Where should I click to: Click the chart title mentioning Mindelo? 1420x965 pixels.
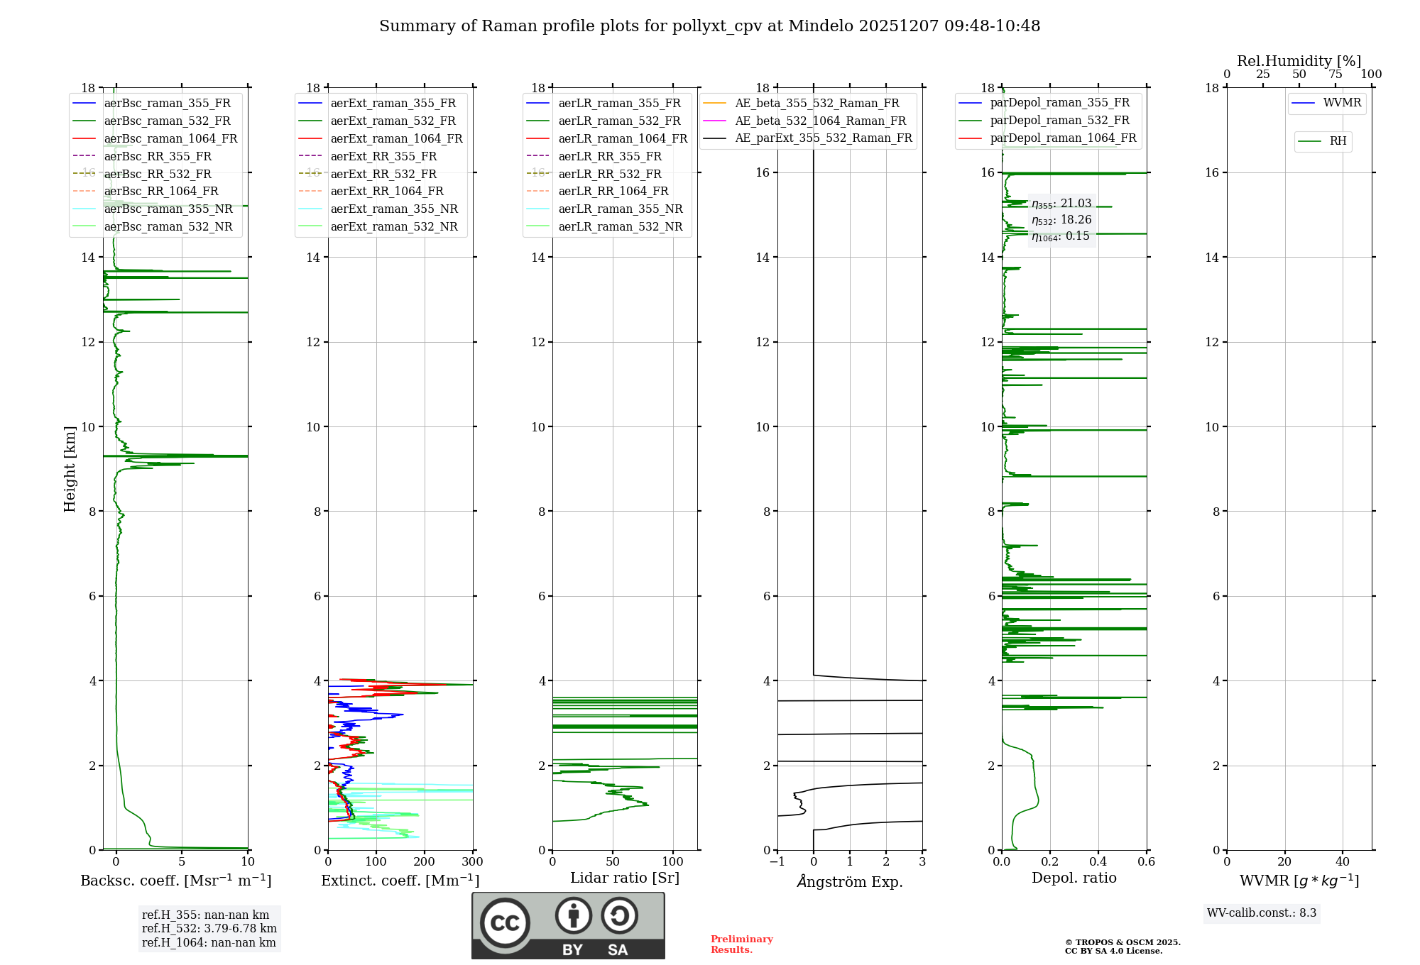[x=709, y=26]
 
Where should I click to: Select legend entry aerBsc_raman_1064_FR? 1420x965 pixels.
[x=170, y=138]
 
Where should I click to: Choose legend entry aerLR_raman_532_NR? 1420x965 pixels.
[x=620, y=226]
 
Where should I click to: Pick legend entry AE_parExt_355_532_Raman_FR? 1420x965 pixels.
[x=823, y=138]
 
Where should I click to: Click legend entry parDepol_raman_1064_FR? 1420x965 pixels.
[x=1063, y=138]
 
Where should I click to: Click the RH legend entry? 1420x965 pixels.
[x=1338, y=141]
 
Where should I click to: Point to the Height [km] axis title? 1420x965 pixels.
[x=70, y=468]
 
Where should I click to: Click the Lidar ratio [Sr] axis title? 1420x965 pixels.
[x=625, y=878]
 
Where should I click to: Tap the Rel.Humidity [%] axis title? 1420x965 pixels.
[x=1299, y=61]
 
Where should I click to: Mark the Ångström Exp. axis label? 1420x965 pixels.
[x=850, y=881]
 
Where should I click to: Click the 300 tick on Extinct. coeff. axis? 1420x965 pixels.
[x=472, y=862]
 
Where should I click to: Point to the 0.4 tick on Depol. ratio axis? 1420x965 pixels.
[x=1098, y=862]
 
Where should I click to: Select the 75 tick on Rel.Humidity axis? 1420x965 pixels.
[x=1336, y=75]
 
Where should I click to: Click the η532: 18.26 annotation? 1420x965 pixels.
[x=1061, y=220]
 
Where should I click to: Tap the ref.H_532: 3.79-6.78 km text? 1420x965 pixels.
[x=209, y=928]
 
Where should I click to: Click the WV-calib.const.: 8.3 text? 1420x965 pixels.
[x=1262, y=913]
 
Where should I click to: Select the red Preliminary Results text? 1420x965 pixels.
[x=741, y=944]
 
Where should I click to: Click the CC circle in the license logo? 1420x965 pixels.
[x=505, y=923]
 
